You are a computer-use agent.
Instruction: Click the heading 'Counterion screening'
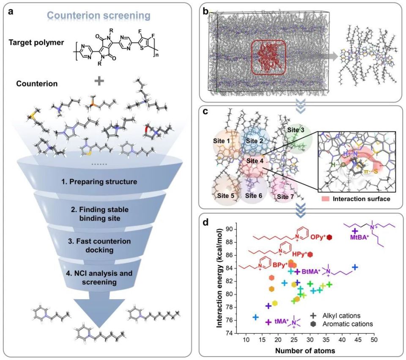pyautogui.click(x=99, y=16)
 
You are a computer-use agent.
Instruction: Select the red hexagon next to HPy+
pyautogui.click(x=310, y=254)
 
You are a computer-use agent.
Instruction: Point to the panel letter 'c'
pyautogui.click(x=205, y=112)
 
